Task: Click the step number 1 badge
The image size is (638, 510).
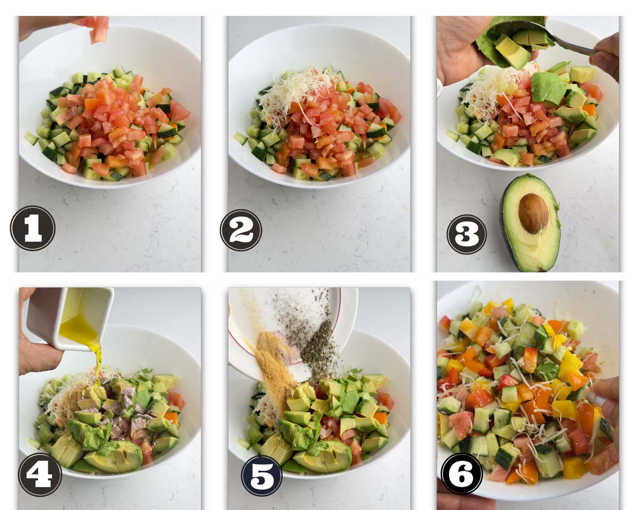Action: [32, 228]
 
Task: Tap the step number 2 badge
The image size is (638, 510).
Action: [241, 230]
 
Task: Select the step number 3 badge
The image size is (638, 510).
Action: [466, 234]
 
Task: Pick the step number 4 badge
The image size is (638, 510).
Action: [40, 474]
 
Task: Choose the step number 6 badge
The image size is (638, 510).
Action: [461, 473]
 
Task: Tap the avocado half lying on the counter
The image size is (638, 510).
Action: [530, 223]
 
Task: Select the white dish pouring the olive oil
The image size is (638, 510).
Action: [71, 319]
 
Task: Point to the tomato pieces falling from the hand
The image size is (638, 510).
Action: [99, 30]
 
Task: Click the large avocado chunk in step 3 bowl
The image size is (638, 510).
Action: [548, 88]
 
